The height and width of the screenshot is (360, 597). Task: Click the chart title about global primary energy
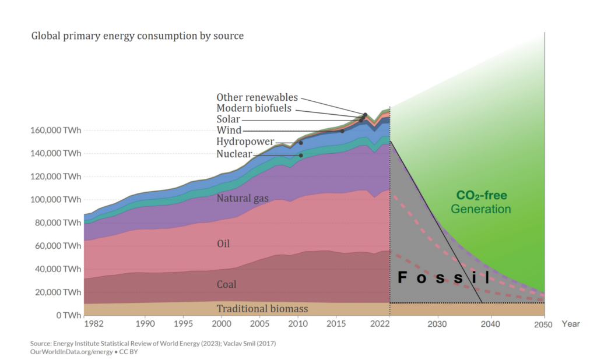(x=137, y=36)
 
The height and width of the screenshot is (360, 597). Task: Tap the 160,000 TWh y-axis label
(x=55, y=130)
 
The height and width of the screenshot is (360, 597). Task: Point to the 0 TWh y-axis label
(x=68, y=315)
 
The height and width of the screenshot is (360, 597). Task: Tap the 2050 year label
(x=544, y=324)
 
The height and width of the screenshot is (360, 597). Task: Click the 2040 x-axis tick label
(x=491, y=324)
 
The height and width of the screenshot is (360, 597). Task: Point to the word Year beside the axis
(x=571, y=324)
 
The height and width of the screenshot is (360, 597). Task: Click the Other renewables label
(x=257, y=97)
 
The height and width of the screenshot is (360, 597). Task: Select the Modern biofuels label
(x=254, y=108)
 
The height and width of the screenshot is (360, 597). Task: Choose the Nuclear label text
(x=234, y=154)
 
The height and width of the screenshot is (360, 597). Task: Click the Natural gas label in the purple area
(x=243, y=199)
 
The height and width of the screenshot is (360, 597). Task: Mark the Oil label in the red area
(x=223, y=243)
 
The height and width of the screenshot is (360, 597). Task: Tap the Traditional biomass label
(x=262, y=309)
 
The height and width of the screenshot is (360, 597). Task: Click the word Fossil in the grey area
(x=444, y=278)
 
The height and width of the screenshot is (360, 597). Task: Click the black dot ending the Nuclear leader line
(x=301, y=155)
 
